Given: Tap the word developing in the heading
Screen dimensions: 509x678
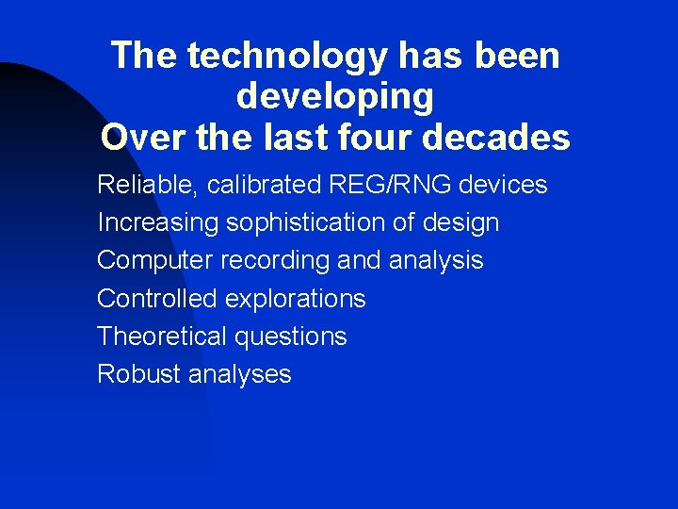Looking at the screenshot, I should click(335, 96).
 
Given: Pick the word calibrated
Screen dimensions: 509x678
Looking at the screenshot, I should click(265, 185).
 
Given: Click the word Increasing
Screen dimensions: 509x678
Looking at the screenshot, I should click(157, 223).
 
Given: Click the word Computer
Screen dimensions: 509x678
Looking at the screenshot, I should click(155, 261).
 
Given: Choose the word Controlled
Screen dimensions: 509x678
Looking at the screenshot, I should click(157, 299).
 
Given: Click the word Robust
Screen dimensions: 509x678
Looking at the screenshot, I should click(139, 374).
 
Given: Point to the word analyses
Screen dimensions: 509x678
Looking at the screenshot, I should click(240, 374).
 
